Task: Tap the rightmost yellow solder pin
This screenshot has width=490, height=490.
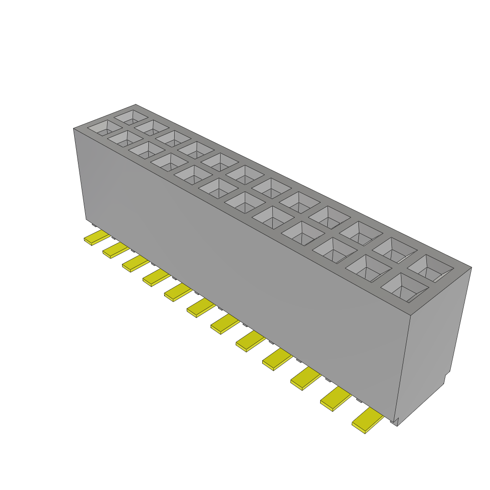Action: (x=367, y=421)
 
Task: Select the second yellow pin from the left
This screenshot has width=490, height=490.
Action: (x=115, y=250)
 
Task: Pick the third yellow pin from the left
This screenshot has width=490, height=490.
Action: (x=135, y=264)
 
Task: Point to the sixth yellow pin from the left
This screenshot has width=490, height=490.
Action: (x=200, y=308)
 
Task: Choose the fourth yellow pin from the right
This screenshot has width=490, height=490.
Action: (x=277, y=359)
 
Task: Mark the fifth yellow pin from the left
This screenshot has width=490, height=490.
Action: (x=178, y=292)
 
